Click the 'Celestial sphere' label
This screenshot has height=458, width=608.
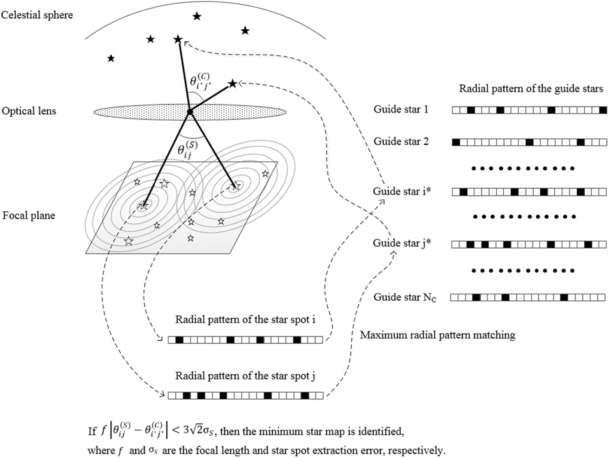37,15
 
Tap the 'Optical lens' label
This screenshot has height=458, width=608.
29,111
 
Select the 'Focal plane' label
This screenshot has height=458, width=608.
29,215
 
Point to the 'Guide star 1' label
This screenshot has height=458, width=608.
401,109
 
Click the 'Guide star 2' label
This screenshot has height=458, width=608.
401,141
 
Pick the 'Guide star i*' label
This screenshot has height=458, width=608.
402,191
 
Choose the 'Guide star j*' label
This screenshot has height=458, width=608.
402,243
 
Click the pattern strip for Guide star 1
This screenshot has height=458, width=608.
529,110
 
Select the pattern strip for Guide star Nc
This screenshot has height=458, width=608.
528,297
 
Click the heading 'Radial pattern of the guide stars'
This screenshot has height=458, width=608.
531,89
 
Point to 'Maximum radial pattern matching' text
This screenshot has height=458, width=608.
438,335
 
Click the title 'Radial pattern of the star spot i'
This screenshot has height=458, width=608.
246,320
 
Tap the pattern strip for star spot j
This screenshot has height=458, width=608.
246,396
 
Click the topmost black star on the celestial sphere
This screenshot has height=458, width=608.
197,16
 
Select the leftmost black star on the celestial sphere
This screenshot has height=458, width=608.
111,58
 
